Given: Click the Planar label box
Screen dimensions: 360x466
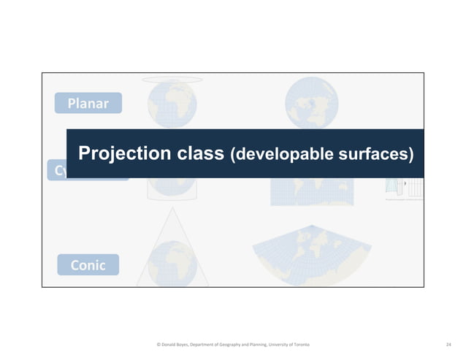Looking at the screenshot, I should [x=88, y=103].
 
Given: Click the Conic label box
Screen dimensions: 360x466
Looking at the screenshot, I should [x=88, y=265].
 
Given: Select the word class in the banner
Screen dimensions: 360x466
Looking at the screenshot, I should [x=201, y=154].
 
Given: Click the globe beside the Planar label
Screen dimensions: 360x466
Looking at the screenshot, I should [x=172, y=106].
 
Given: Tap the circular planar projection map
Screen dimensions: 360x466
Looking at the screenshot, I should [x=312, y=103].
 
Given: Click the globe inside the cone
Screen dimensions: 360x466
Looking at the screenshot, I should [x=172, y=263].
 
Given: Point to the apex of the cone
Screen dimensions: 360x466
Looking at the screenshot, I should [x=172, y=207].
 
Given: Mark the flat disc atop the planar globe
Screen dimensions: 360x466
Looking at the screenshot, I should [x=172, y=80].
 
